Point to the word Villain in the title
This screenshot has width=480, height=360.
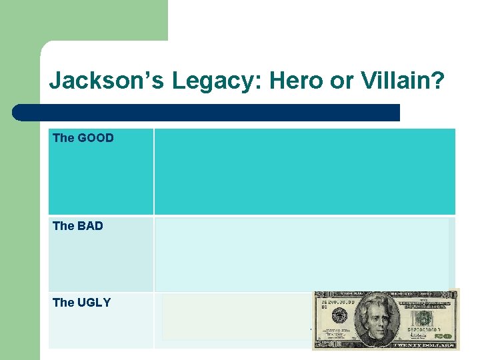(392, 81)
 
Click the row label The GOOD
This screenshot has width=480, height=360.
(83, 138)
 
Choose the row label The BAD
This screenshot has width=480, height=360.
(78, 226)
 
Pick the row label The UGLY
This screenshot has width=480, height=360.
(81, 303)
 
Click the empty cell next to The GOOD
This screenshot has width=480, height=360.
(305, 171)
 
